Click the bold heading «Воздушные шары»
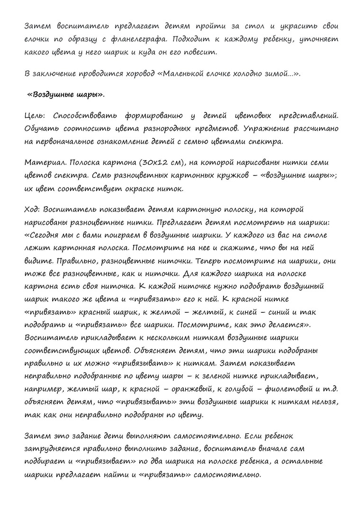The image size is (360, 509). pyautogui.click(x=66, y=94)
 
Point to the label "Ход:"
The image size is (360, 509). pyautogui.click(x=33, y=209)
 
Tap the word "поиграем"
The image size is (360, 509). pyautogui.click(x=122, y=235)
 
